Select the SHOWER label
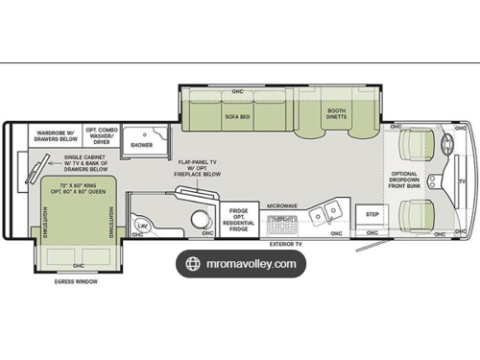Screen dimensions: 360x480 [x=142, y=146]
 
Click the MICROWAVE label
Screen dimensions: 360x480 [x=281, y=205]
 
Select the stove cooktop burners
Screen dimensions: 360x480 [x=281, y=221]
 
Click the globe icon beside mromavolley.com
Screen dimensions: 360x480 [x=193, y=264]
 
